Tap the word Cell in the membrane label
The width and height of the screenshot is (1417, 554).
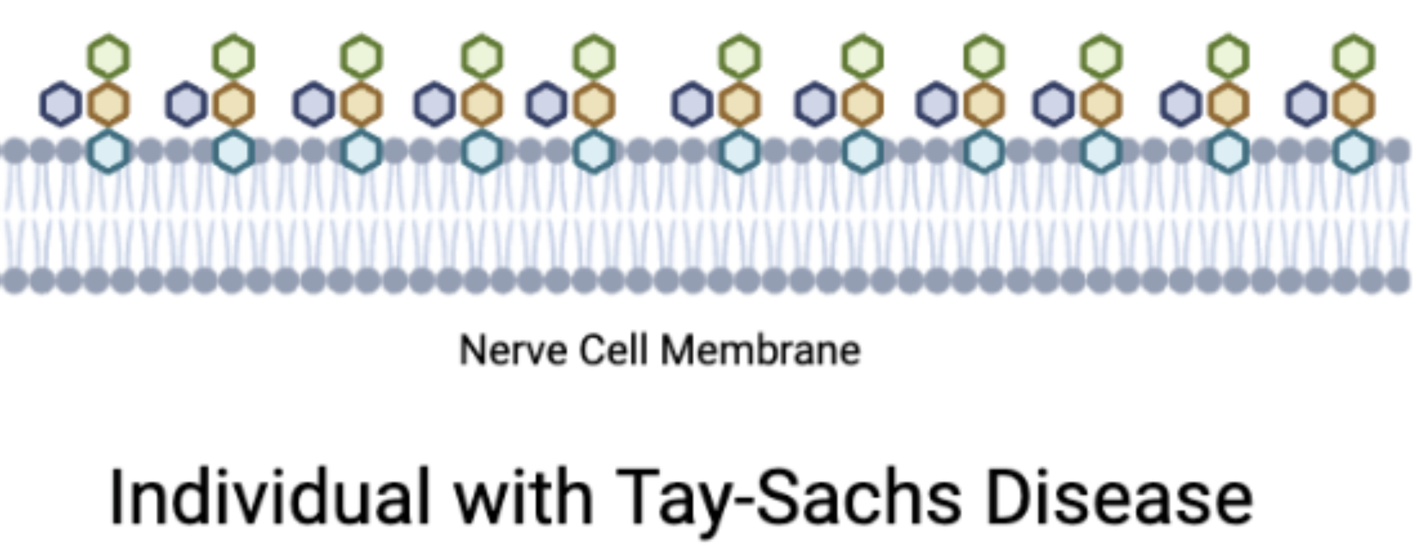tap(613, 350)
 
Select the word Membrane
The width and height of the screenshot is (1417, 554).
tap(760, 350)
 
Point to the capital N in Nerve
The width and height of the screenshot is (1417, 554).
tap(473, 350)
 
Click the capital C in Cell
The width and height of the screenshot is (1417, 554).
tap(592, 350)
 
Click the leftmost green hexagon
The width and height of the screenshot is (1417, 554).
tap(108, 57)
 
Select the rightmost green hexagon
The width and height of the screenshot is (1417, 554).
tap(1354, 57)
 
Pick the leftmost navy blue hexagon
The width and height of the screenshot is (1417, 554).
tap(60, 104)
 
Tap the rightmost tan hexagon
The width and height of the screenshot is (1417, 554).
tap(1354, 105)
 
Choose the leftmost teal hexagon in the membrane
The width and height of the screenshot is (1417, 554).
tap(108, 152)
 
